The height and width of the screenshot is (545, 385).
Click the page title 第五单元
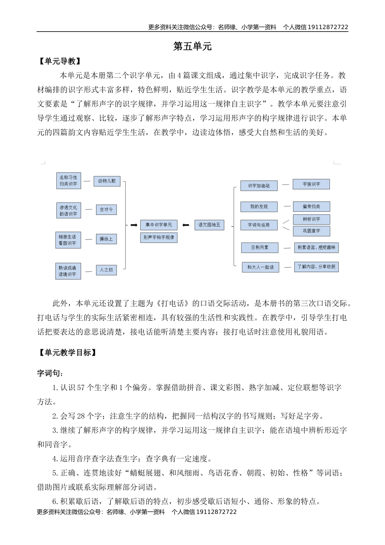(192, 46)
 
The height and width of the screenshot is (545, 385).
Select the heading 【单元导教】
(60, 61)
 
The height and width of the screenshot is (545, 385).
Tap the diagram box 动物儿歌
(107, 181)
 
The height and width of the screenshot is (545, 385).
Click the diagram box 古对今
(106, 210)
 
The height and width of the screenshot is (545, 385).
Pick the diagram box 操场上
(106, 239)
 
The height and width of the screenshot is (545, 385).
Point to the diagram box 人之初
(106, 270)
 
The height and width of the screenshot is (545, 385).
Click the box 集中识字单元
(158, 225)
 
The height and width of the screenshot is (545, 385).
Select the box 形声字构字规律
(158, 237)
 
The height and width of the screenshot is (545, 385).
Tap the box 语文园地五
(209, 225)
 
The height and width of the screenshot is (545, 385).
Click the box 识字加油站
(259, 186)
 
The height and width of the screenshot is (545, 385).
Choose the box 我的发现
(259, 207)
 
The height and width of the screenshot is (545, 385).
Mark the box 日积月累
(259, 247)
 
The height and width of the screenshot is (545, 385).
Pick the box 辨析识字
(311, 219)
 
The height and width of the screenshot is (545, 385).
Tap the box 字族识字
(311, 184)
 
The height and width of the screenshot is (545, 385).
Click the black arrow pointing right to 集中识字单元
(133, 225)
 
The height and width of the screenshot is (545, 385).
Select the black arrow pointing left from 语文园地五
(186, 225)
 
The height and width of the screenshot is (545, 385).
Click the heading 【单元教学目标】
(68, 353)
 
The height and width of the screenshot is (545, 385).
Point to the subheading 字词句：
(50, 373)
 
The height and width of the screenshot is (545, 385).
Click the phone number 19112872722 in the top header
(328, 27)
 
